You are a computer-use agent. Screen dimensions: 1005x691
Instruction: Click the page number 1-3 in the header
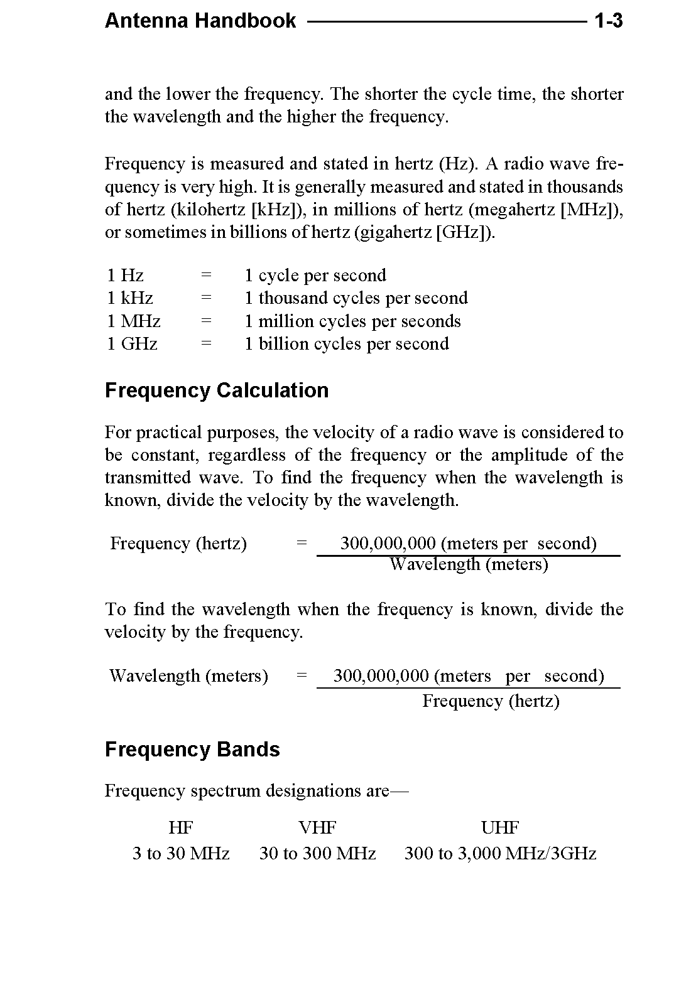pos(608,21)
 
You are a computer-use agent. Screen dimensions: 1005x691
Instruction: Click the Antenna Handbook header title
pos(200,21)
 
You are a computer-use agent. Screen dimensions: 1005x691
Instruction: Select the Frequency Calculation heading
pos(217,390)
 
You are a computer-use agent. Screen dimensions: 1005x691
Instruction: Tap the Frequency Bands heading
pos(192,750)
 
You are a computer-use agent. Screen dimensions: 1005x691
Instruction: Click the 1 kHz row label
pos(130,298)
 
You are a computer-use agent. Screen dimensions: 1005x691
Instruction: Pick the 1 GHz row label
pos(132,344)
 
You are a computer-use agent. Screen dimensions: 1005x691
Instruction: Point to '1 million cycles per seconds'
pos(352,321)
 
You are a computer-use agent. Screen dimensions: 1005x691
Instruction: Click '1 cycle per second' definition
pos(315,276)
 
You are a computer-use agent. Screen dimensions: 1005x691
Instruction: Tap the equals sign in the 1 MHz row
pos(206,321)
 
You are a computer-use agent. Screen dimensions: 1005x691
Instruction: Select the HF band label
pos(181,828)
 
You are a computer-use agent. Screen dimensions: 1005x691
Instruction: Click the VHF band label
pos(317,828)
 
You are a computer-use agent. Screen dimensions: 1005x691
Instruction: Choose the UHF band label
pos(500,828)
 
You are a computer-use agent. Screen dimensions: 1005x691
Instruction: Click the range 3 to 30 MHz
pos(181,854)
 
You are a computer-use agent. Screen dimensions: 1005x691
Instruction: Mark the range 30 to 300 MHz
pos(317,854)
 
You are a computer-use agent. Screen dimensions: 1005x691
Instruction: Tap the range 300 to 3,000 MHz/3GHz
pos(500,854)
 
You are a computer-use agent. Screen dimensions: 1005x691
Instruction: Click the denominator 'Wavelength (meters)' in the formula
pos(469,564)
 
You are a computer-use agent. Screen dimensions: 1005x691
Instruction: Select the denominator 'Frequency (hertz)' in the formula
pos(491,701)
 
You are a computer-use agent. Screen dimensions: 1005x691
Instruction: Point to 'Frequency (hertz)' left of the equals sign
pos(178,544)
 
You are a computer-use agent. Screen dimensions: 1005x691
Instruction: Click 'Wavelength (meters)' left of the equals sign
pos(188,676)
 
